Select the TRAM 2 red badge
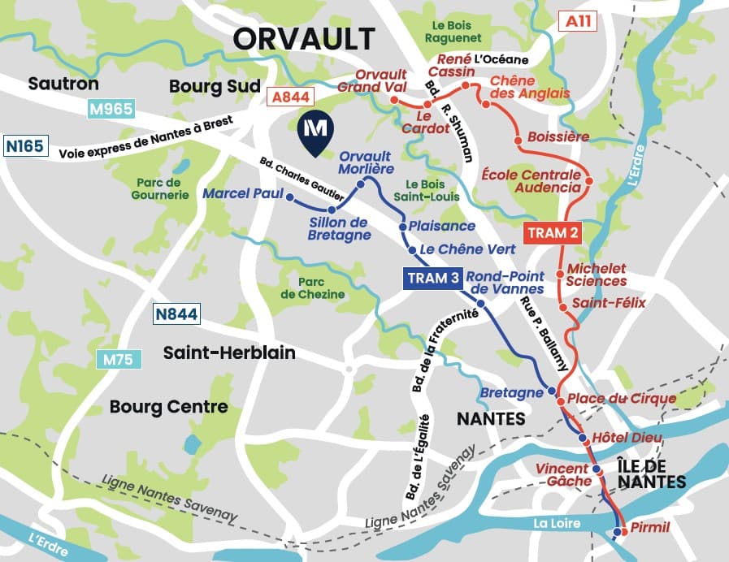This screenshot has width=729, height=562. point(553,232)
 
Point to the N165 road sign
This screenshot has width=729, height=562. point(27,146)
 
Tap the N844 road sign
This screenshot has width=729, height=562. point(176,314)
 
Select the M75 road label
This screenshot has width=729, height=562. point(119,358)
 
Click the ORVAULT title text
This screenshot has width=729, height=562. point(305,38)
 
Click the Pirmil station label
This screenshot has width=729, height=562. point(649,528)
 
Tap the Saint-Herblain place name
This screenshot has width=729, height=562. point(229,352)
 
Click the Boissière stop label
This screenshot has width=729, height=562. point(558,136)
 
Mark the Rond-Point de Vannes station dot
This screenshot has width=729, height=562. point(480,304)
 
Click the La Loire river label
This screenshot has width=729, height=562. point(558,523)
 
